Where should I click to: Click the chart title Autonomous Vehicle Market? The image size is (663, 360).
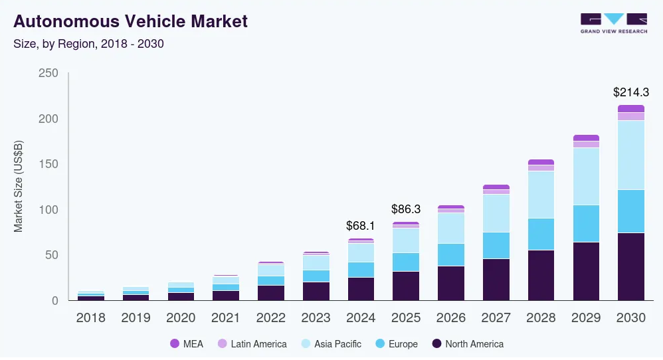pos(130,21)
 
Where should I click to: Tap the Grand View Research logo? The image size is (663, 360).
pos(613,23)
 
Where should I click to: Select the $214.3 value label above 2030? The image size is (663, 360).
pos(630,92)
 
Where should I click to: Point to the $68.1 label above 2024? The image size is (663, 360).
pos(361,226)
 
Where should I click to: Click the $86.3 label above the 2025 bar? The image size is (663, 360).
pos(406,209)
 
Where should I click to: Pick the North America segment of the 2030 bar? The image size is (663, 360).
pos(630,266)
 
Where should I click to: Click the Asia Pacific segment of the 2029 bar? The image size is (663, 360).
pos(586,176)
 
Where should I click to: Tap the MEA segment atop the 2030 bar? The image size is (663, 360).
pos(630,108)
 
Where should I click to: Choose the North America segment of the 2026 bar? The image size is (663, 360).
pos(450,283)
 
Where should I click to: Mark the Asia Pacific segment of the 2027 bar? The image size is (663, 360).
pos(496,213)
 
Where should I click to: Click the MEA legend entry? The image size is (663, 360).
pos(187,344)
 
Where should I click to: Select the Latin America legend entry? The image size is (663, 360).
pos(252,344)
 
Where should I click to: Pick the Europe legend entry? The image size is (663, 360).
pos(396,344)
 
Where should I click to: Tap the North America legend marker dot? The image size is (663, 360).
pos(436,344)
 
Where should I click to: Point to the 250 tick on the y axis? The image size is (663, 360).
pos(48,73)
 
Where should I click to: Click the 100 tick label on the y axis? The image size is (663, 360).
pos(48,210)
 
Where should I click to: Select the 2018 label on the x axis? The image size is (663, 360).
pos(90,317)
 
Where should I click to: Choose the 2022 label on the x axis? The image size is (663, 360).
pos(270,317)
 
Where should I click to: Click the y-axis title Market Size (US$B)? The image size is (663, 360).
pos(19,187)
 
